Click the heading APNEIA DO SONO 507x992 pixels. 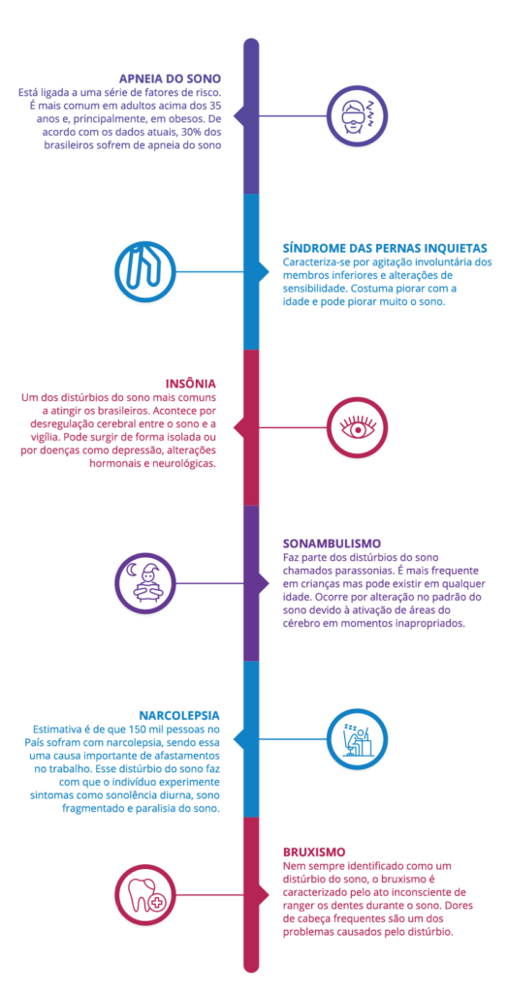click(170, 79)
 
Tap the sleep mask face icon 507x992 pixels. click(357, 116)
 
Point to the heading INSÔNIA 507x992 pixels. click(191, 384)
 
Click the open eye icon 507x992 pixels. click(357, 427)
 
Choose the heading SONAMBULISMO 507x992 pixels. click(332, 543)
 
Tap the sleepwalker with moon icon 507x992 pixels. click(143, 583)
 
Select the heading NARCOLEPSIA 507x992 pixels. click(179, 716)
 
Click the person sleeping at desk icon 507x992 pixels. click(357, 739)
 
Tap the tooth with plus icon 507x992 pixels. click(143, 894)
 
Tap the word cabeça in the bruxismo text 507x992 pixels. click(317, 918)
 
